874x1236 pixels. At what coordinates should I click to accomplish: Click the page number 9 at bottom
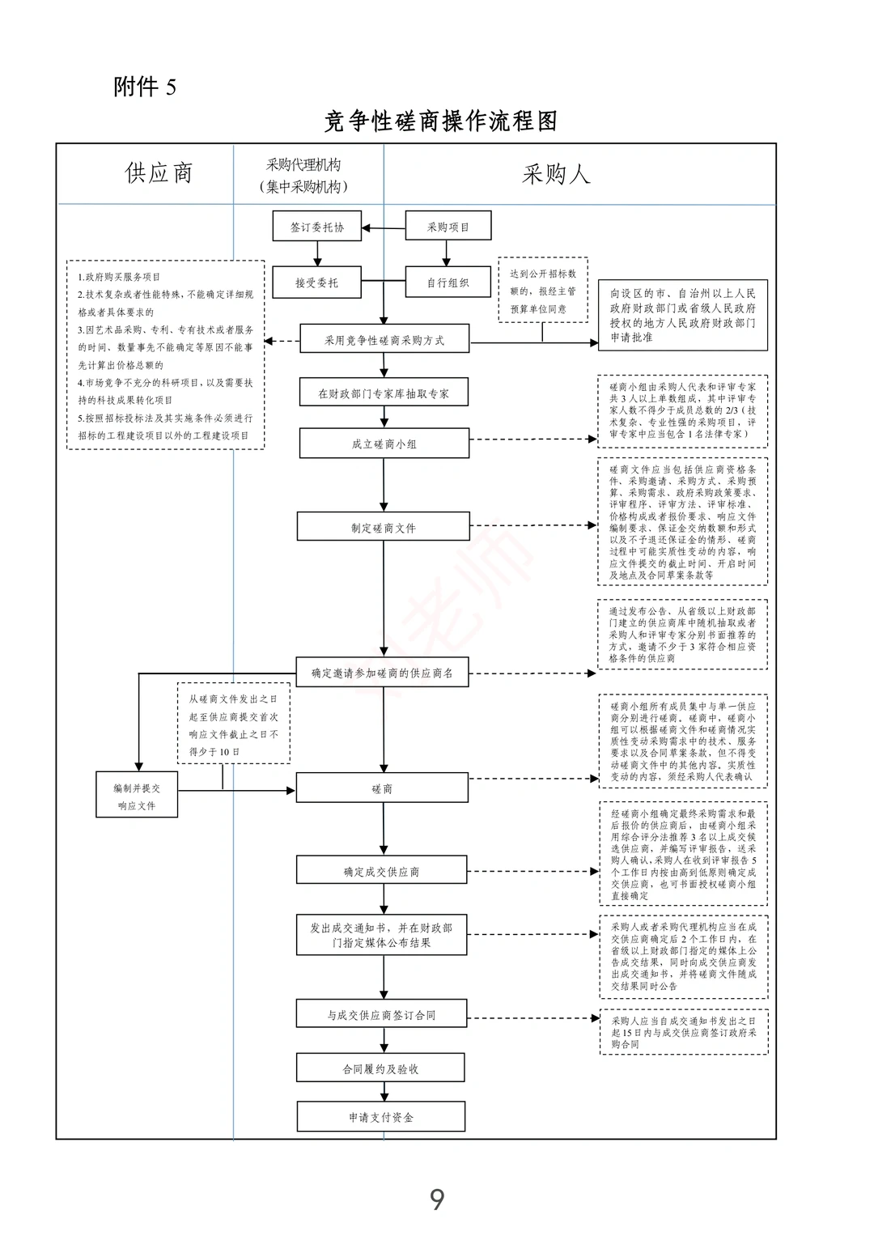tap(437, 1199)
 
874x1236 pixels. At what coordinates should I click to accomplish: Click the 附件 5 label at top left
tap(145, 87)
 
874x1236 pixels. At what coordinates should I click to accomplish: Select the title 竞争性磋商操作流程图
tap(440, 121)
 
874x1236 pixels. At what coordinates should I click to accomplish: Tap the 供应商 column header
tap(159, 172)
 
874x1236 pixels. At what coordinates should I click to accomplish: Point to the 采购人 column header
tap(556, 173)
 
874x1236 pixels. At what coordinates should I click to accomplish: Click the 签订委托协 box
tap(316, 227)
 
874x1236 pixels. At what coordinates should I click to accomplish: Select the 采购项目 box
tap(448, 227)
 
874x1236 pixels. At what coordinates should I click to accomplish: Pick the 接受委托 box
tap(316, 282)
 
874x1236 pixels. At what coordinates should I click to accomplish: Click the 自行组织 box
tap(448, 282)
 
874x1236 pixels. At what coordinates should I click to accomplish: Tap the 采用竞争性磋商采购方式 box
tap(384, 340)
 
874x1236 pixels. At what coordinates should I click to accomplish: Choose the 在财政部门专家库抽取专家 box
tap(384, 393)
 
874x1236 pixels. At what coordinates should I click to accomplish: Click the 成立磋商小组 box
tap(384, 444)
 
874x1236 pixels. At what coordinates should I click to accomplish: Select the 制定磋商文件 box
tap(384, 528)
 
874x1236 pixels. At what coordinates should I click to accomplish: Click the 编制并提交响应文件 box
tap(137, 796)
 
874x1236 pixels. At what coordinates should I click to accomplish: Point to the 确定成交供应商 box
tap(382, 872)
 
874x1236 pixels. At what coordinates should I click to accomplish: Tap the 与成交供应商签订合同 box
tap(381, 1015)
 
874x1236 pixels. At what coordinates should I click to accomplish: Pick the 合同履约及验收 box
tap(380, 1068)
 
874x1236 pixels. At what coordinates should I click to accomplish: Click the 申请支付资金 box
tap(380, 1117)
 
